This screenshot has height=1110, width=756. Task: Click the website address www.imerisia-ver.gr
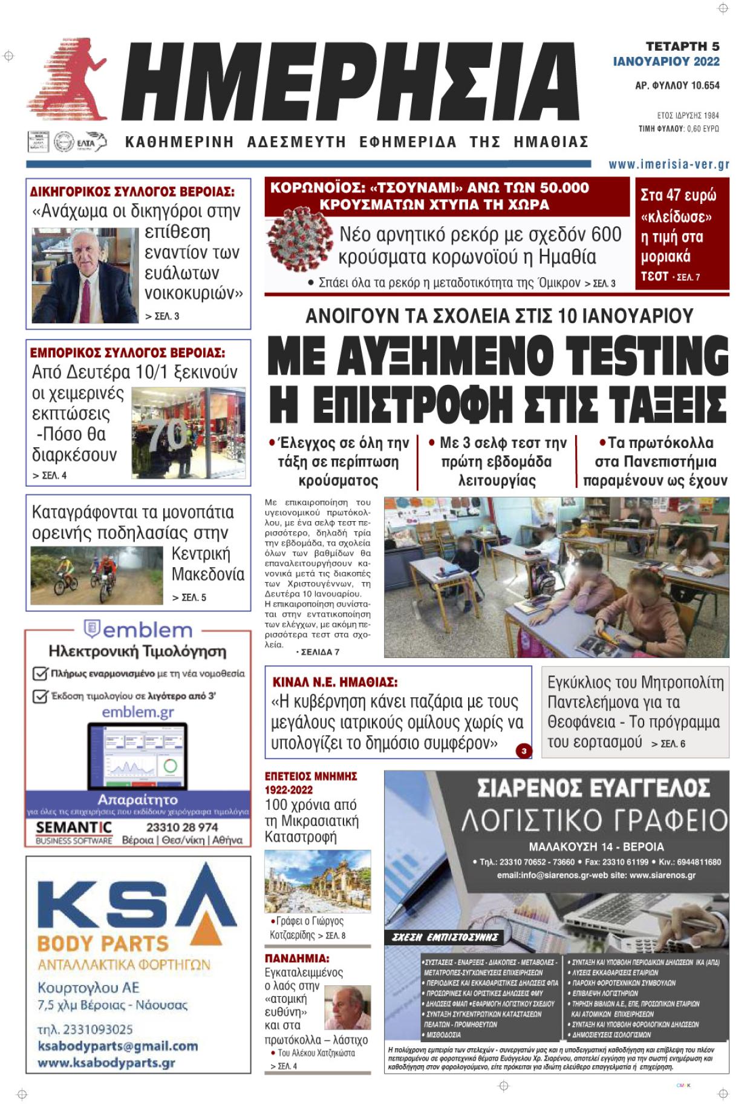[669, 165]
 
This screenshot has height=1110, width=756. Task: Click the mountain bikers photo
[96, 575]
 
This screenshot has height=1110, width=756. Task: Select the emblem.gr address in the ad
[138, 712]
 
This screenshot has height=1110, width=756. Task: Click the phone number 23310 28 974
[182, 827]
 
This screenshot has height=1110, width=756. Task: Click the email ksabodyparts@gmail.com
[117, 1046]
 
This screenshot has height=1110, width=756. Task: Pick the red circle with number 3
[524, 751]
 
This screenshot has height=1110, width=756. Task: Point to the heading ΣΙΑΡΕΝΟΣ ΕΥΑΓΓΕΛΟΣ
[593, 788]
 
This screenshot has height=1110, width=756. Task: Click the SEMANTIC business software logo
[74, 831]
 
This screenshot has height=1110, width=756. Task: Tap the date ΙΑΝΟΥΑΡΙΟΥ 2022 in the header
[666, 61]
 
